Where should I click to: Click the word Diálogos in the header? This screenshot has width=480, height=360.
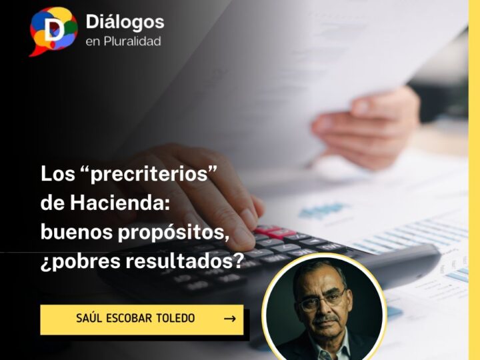click(125, 22)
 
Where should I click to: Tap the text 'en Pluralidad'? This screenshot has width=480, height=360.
click(123, 41)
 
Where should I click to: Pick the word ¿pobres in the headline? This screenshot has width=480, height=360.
click(79, 261)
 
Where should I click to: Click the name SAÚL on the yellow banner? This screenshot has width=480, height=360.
click(93, 319)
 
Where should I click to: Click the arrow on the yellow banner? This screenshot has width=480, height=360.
click(229, 319)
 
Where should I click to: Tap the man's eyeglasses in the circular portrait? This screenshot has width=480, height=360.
click(323, 300)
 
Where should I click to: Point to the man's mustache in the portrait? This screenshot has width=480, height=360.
click(325, 321)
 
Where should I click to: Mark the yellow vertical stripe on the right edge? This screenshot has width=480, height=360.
click(474, 180)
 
